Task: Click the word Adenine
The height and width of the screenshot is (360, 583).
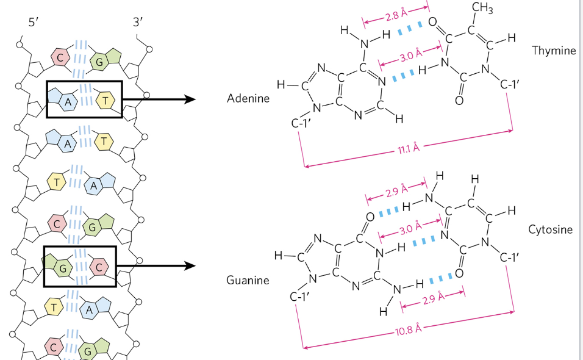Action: point(248,98)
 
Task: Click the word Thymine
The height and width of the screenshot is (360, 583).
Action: point(554,50)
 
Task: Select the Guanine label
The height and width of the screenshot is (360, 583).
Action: point(248,281)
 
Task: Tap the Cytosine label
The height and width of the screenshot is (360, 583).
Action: point(551,229)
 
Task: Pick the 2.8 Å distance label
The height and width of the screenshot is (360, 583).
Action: point(396,14)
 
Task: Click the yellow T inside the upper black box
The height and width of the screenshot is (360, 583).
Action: point(105,99)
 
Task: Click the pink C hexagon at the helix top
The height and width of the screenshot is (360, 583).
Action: point(60,59)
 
